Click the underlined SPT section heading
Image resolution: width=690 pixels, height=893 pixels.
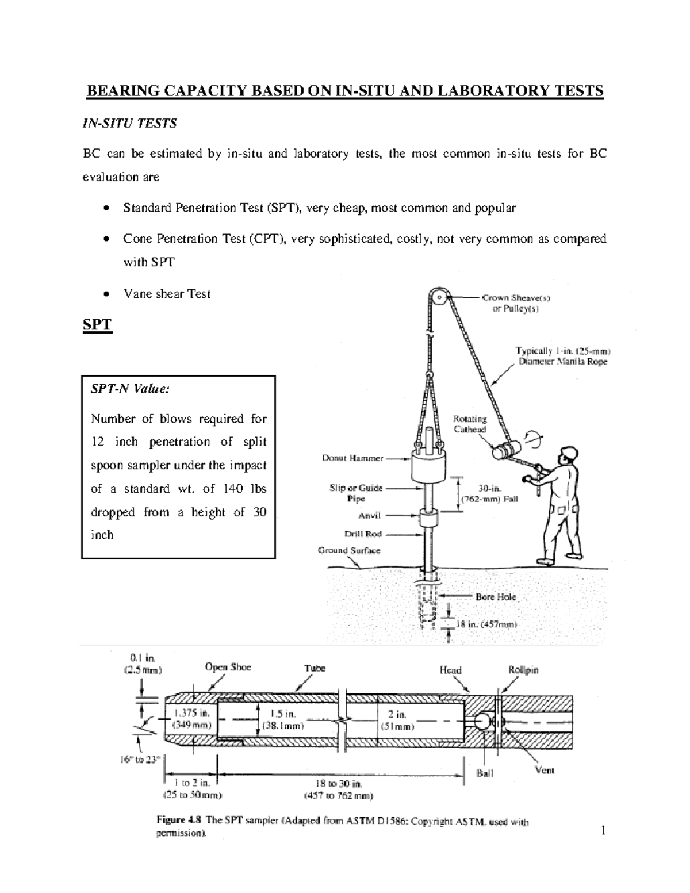coord(97,325)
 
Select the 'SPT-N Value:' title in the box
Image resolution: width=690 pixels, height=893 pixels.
coord(130,389)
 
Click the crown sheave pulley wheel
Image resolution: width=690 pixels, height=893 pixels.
coord(440,298)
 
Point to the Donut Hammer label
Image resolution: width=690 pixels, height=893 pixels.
coord(352,458)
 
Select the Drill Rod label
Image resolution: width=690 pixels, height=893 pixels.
coord(363,534)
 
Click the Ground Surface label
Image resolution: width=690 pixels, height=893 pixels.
coord(349,550)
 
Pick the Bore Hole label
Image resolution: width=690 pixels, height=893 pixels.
coord(496,597)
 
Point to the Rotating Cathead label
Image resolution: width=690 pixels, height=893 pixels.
coord(470,424)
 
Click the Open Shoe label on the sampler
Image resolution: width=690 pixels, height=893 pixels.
coord(228,668)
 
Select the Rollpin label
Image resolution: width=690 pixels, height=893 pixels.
coord(523,670)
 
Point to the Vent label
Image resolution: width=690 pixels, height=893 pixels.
coord(545,770)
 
